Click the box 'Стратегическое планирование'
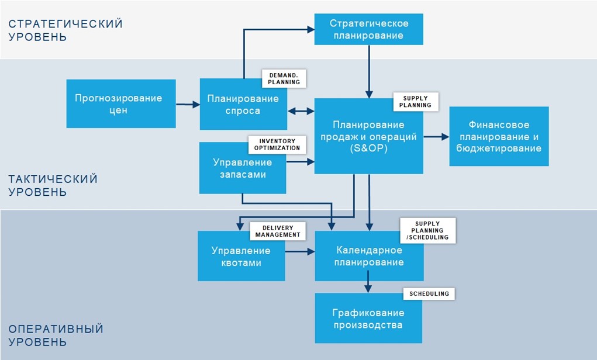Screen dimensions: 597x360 368,29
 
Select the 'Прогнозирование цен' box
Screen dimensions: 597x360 121,103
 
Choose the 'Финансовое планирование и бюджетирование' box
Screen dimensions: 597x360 499,136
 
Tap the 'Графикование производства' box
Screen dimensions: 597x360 368,318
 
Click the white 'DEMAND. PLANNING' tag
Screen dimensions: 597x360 284,79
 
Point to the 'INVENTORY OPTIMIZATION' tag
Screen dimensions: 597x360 277,144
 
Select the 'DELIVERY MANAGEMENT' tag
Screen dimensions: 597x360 278,231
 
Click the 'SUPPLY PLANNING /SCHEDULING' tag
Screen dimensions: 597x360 427,231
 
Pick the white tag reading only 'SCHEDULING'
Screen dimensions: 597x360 429,294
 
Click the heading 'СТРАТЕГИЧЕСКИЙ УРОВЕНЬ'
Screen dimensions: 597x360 65,30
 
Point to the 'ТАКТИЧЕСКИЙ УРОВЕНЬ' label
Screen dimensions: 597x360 53,185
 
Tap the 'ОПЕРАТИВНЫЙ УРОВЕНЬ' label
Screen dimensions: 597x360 56,335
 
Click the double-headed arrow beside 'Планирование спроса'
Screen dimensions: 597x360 301,111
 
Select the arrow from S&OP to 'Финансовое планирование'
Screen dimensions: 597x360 436,137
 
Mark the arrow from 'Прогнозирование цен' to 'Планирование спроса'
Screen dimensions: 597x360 188,104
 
